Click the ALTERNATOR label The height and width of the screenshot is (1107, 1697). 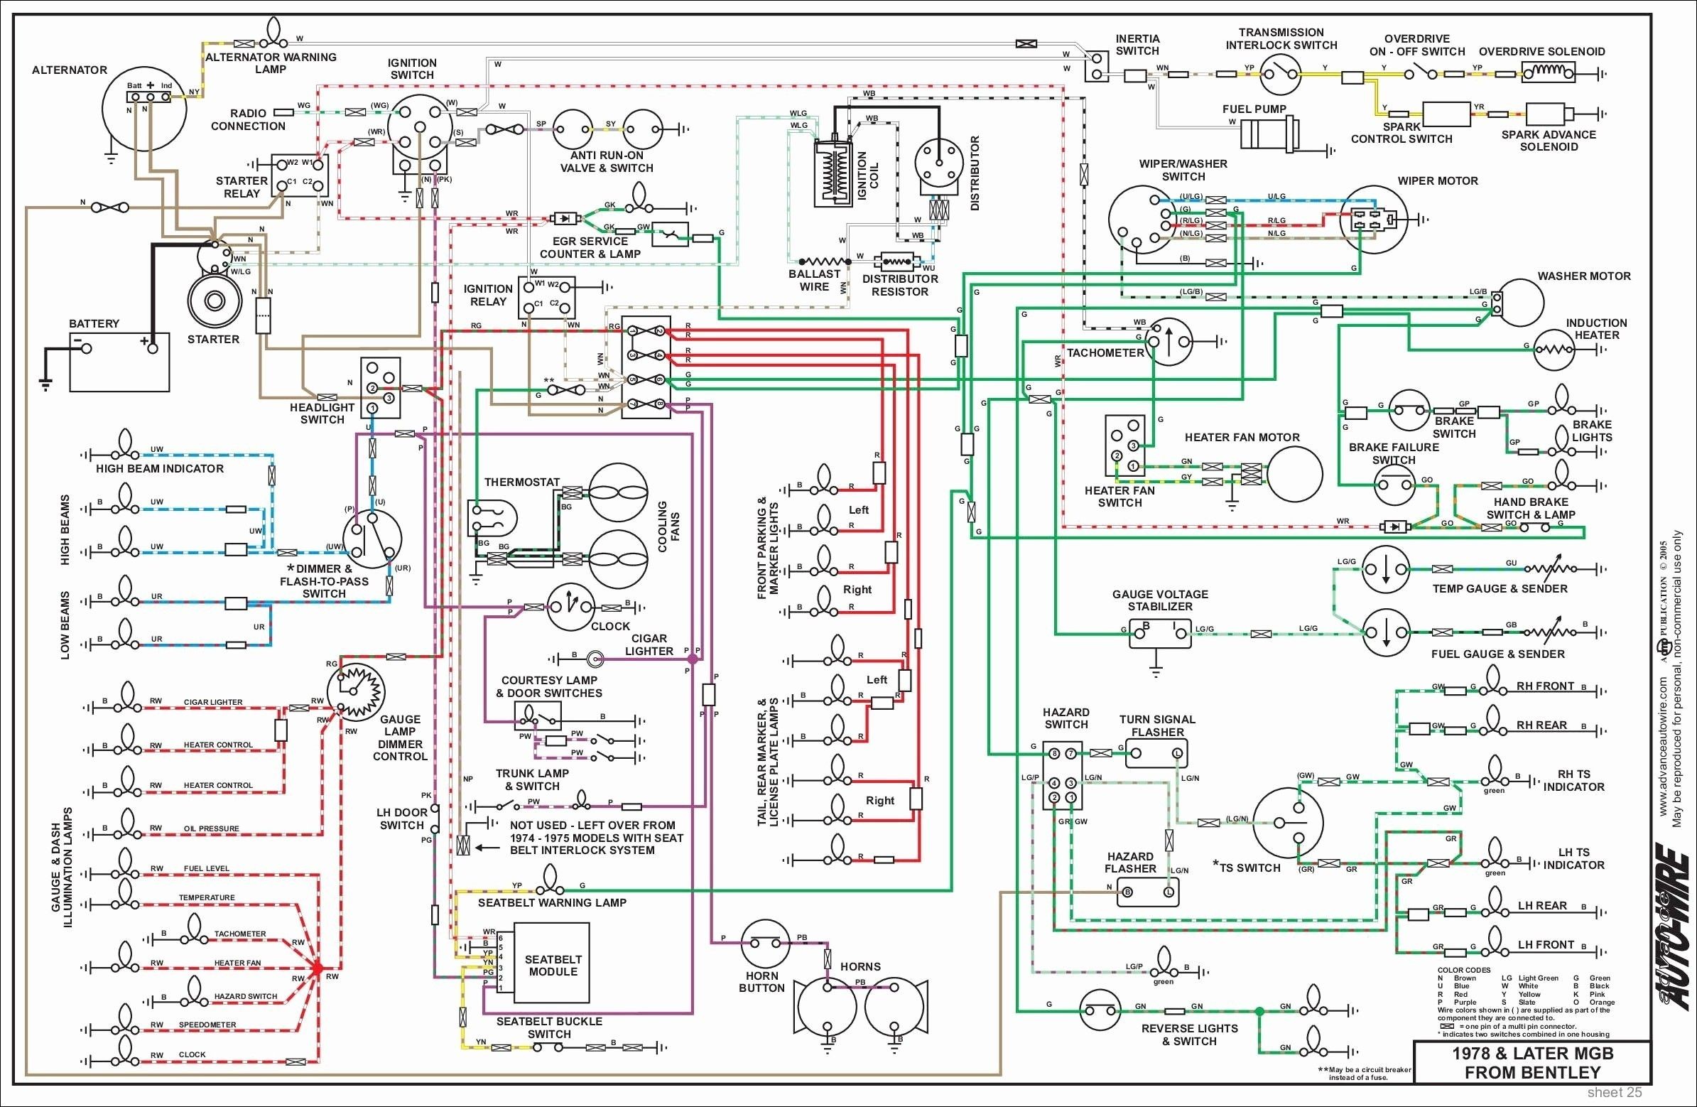coord(69,70)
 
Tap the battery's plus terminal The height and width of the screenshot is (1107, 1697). coord(151,347)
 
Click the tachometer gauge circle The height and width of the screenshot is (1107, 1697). coord(1169,341)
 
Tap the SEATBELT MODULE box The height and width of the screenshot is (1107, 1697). coord(552,963)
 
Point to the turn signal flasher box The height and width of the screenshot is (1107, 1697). coord(1156,753)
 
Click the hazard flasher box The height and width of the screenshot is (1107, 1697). coord(1148,892)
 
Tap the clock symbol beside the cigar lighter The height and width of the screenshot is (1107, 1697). coord(571,607)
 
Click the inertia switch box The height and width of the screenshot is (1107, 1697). coord(1096,65)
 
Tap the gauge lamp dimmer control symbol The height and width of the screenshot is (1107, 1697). coord(355,693)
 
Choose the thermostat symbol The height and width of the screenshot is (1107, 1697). coord(492,518)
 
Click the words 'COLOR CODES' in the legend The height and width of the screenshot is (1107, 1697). coord(1465,970)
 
